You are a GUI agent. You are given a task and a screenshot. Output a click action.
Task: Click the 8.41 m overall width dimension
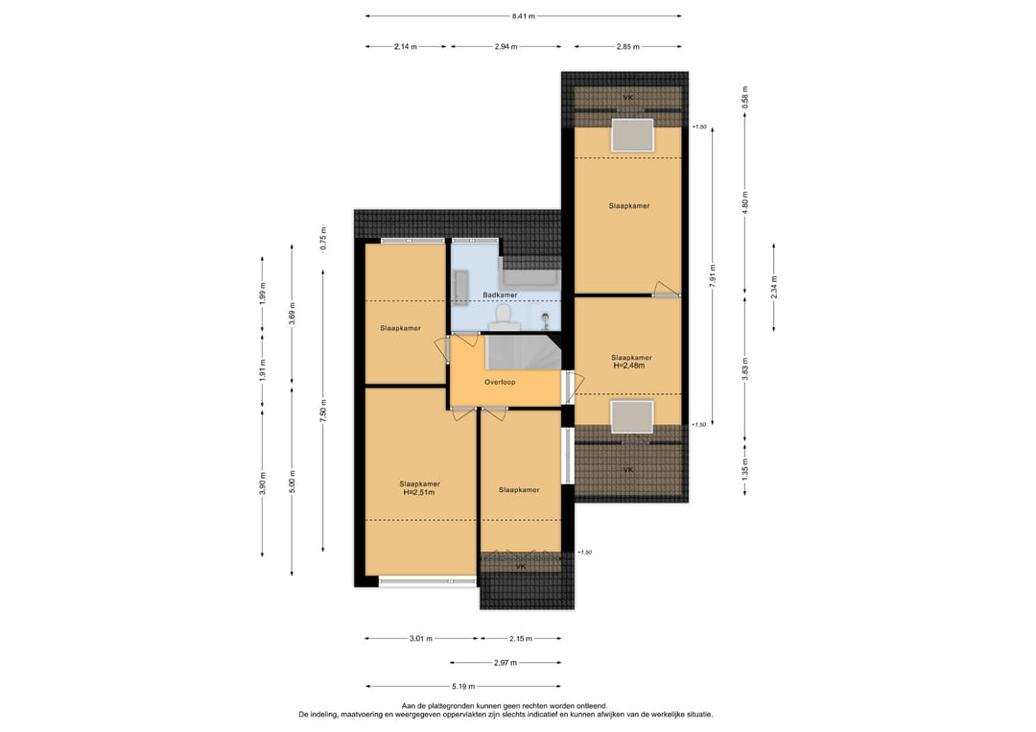click(524, 16)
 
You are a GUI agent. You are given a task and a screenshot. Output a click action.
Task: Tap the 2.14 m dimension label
click(405, 46)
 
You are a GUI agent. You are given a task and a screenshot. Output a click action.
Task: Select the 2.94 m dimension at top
click(506, 46)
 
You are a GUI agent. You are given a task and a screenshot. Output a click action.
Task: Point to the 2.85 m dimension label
click(627, 46)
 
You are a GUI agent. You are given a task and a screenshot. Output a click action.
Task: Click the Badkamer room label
click(500, 295)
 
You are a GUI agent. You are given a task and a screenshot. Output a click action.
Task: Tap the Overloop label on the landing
click(500, 382)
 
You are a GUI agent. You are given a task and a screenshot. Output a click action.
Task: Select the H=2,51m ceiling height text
click(419, 492)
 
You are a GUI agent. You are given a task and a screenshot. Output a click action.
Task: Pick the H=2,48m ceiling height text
click(629, 366)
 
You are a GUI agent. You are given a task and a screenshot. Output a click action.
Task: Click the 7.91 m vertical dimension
click(712, 275)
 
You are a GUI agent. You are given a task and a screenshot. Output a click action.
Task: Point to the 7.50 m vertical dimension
click(323, 411)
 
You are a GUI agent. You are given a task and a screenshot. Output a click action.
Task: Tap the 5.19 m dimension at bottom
click(463, 686)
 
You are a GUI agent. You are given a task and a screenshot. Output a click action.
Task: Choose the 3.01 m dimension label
click(420, 638)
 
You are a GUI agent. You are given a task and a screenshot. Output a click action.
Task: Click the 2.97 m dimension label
click(506, 662)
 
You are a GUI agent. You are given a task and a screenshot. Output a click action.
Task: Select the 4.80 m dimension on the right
click(744, 203)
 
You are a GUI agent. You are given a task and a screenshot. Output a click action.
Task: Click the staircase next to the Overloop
click(524, 352)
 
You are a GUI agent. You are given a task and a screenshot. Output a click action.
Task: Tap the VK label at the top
click(627, 98)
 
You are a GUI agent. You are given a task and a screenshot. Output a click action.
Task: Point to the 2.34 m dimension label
click(774, 287)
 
